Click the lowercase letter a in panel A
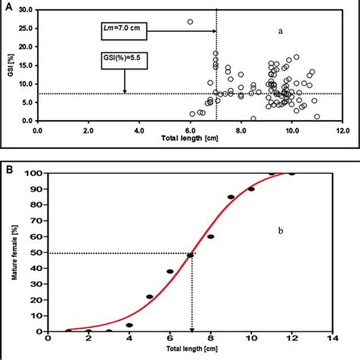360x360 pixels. pyautogui.click(x=280, y=32)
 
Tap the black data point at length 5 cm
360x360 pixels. pyautogui.click(x=150, y=296)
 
